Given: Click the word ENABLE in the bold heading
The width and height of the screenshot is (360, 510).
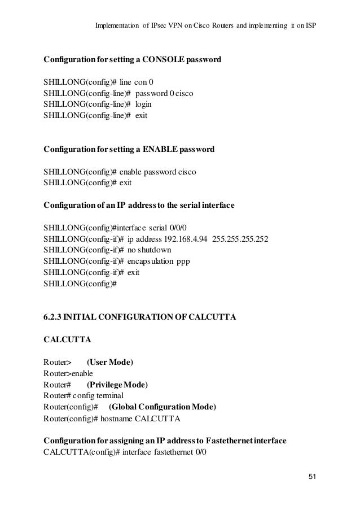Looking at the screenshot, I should [x=161, y=150].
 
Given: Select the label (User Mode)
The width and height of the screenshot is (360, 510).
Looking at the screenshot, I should [x=110, y=361].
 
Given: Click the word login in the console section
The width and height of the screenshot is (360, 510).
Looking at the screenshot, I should [x=143, y=104].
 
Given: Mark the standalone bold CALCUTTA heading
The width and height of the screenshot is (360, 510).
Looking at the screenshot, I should [x=65, y=339].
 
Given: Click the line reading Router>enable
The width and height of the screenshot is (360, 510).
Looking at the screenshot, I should [x=68, y=373].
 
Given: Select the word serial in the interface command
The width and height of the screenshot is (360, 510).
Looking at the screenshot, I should [x=159, y=228].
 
